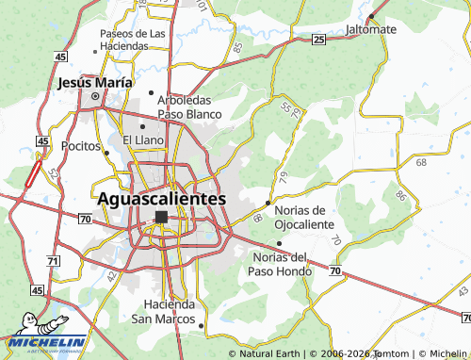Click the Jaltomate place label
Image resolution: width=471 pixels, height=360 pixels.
[x=370, y=29]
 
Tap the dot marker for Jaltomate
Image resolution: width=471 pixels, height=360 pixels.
[x=372, y=16]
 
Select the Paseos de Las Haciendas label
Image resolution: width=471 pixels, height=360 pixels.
[x=132, y=40]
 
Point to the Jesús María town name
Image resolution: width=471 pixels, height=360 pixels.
[x=94, y=82]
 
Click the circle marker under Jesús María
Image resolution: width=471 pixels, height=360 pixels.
[x=94, y=95]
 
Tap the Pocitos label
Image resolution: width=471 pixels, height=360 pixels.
[x=81, y=147]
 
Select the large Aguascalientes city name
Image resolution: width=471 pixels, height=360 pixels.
[x=161, y=199]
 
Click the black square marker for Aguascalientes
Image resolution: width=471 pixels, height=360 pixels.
[x=161, y=217]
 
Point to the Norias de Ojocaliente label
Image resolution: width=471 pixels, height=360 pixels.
[x=303, y=218]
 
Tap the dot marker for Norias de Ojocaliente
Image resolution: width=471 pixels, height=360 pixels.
[x=268, y=203]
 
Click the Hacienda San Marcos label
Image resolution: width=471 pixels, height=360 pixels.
[x=171, y=311]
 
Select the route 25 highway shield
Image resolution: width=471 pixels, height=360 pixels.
[x=319, y=39]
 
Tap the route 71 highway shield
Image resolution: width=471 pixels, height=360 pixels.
[x=53, y=260]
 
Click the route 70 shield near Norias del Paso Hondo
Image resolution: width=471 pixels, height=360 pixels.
[x=335, y=270]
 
